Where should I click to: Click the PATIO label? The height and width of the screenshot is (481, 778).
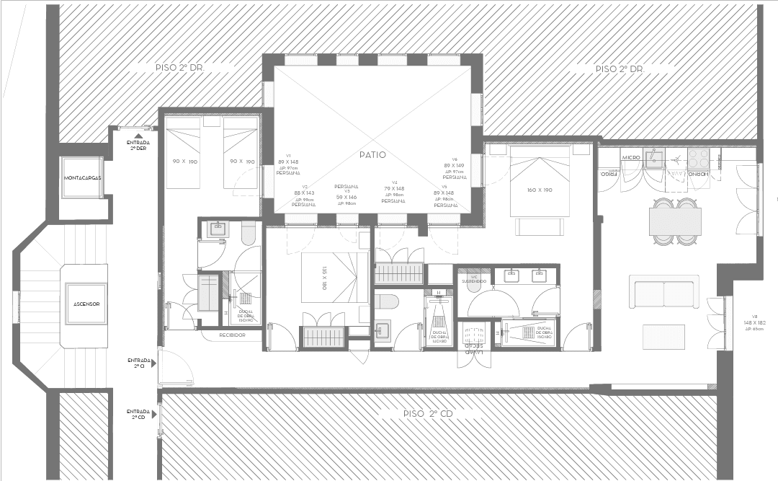pyautogui.click(x=372, y=155)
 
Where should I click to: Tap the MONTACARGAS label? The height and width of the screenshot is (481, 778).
pyautogui.click(x=82, y=177)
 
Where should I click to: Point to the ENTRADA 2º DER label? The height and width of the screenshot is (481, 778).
pyautogui.click(x=138, y=144)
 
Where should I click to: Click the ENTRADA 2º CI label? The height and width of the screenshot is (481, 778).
pyautogui.click(x=138, y=363)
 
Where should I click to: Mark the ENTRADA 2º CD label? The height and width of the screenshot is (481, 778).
pyautogui.click(x=138, y=414)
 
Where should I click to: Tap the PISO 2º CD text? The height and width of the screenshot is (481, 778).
pyautogui.click(x=427, y=414)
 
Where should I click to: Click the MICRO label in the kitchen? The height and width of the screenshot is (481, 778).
pyautogui.click(x=631, y=157)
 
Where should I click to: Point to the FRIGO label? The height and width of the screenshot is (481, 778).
pyautogui.click(x=607, y=174)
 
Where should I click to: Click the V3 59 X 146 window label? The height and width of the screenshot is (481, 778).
pyautogui.click(x=346, y=195)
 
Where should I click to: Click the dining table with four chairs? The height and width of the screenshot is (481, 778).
pyautogui.click(x=675, y=221)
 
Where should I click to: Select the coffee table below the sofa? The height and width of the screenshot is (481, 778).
pyautogui.click(x=663, y=336)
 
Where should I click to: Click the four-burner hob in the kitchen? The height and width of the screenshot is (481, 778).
pyautogui.click(x=697, y=157)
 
